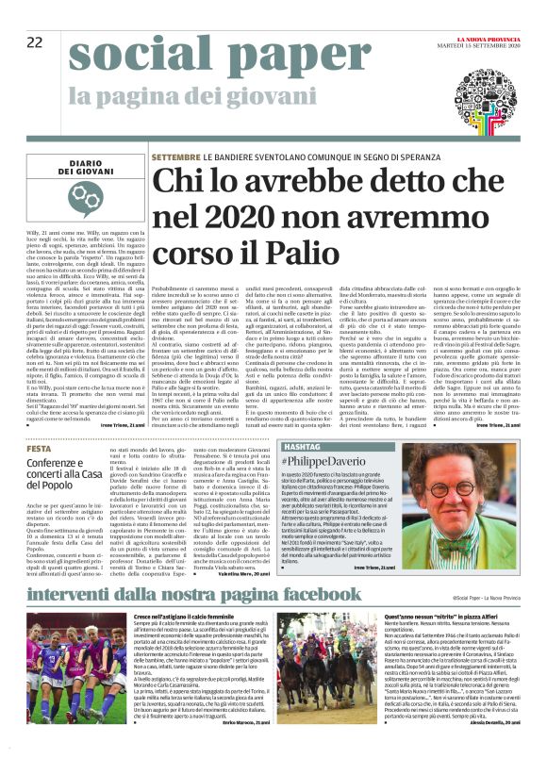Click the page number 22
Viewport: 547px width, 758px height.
click(x=35, y=41)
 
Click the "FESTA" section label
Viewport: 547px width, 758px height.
click(x=40, y=449)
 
